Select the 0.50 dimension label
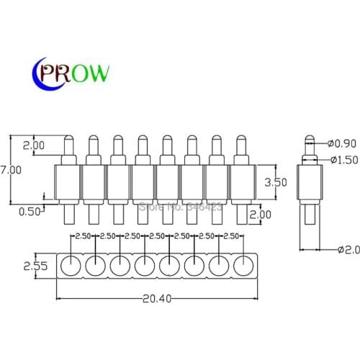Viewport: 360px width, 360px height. pos(30,212)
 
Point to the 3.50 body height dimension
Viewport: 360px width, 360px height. pos(276,183)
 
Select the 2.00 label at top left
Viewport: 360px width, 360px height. pos(34,145)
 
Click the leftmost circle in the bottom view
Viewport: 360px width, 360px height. pos(71,266)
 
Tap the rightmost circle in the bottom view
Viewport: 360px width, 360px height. pos(243,266)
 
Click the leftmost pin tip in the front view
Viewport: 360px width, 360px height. pos(69,138)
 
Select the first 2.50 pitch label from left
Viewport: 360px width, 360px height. pos(83,236)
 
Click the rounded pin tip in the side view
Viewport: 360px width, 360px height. pos(309,138)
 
